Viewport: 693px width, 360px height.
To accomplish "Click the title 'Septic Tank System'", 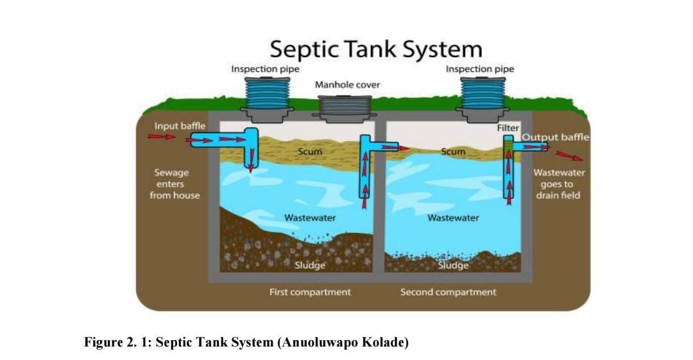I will [x=375, y=49].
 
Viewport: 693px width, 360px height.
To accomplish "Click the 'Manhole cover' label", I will [x=347, y=85].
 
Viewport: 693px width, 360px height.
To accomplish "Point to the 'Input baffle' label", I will [x=180, y=126].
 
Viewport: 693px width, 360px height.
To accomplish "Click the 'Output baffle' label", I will [x=555, y=137].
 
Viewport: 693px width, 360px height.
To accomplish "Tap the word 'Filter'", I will [x=508, y=128].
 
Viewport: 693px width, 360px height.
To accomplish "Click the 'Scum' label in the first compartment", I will [x=310, y=152].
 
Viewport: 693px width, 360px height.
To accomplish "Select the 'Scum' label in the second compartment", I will [x=453, y=152].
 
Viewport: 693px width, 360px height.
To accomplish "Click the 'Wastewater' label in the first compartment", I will [x=310, y=218].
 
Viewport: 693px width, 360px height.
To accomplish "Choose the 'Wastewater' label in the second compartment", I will [x=453, y=218].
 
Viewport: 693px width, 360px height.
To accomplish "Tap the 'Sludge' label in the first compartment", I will [x=310, y=265].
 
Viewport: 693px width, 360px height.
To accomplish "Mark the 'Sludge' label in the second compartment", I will [x=453, y=265].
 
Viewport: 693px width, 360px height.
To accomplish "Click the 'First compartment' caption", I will [x=310, y=292].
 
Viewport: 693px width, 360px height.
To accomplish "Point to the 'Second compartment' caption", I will [x=448, y=292].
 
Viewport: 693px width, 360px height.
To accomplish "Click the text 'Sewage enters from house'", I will [x=175, y=184].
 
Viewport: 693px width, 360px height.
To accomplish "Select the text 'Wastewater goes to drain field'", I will [x=558, y=184].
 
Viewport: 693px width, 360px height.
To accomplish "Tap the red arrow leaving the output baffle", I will [x=569, y=155].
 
